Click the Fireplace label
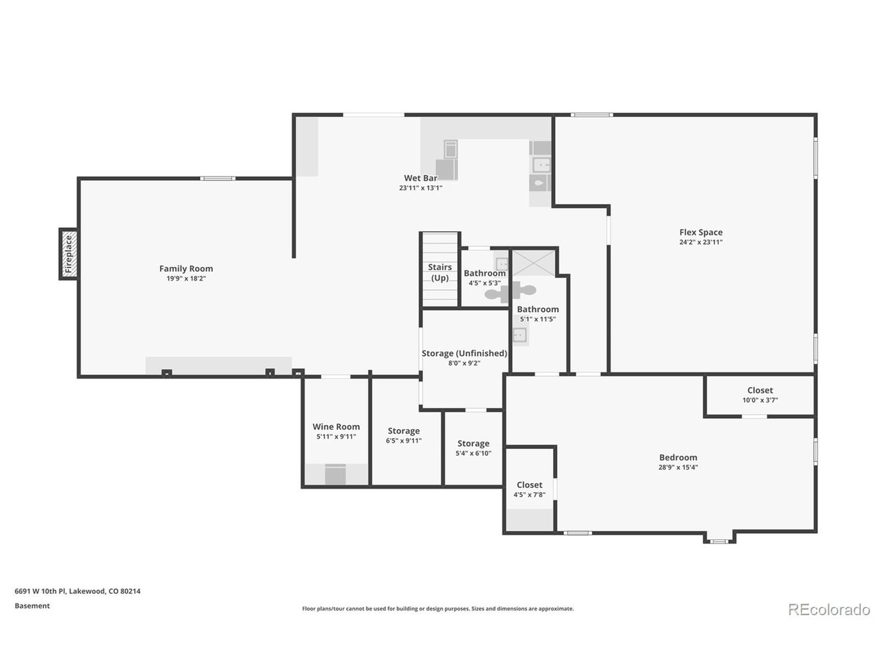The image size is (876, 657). [68, 254]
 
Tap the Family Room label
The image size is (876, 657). [186, 268]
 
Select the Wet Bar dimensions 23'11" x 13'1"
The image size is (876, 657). [420, 188]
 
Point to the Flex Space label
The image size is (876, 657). [700, 232]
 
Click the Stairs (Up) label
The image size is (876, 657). [439, 272]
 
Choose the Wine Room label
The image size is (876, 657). [335, 426]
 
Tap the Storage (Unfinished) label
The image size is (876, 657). [464, 353]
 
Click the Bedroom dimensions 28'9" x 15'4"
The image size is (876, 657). [678, 467]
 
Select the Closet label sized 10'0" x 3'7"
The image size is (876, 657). [760, 390]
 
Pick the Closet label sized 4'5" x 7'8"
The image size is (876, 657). [529, 485]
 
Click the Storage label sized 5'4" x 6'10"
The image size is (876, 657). [473, 443]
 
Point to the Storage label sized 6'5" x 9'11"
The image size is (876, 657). [404, 431]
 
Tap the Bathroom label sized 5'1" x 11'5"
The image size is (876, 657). [537, 309]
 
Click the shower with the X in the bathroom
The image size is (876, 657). [533, 263]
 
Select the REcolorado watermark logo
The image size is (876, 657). [829, 610]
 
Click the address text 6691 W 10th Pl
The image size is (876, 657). [40, 591]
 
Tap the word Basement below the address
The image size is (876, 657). [32, 606]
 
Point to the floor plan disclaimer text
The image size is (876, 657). [438, 608]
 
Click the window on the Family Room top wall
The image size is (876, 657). [218, 179]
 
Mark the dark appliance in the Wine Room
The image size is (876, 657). [335, 474]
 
